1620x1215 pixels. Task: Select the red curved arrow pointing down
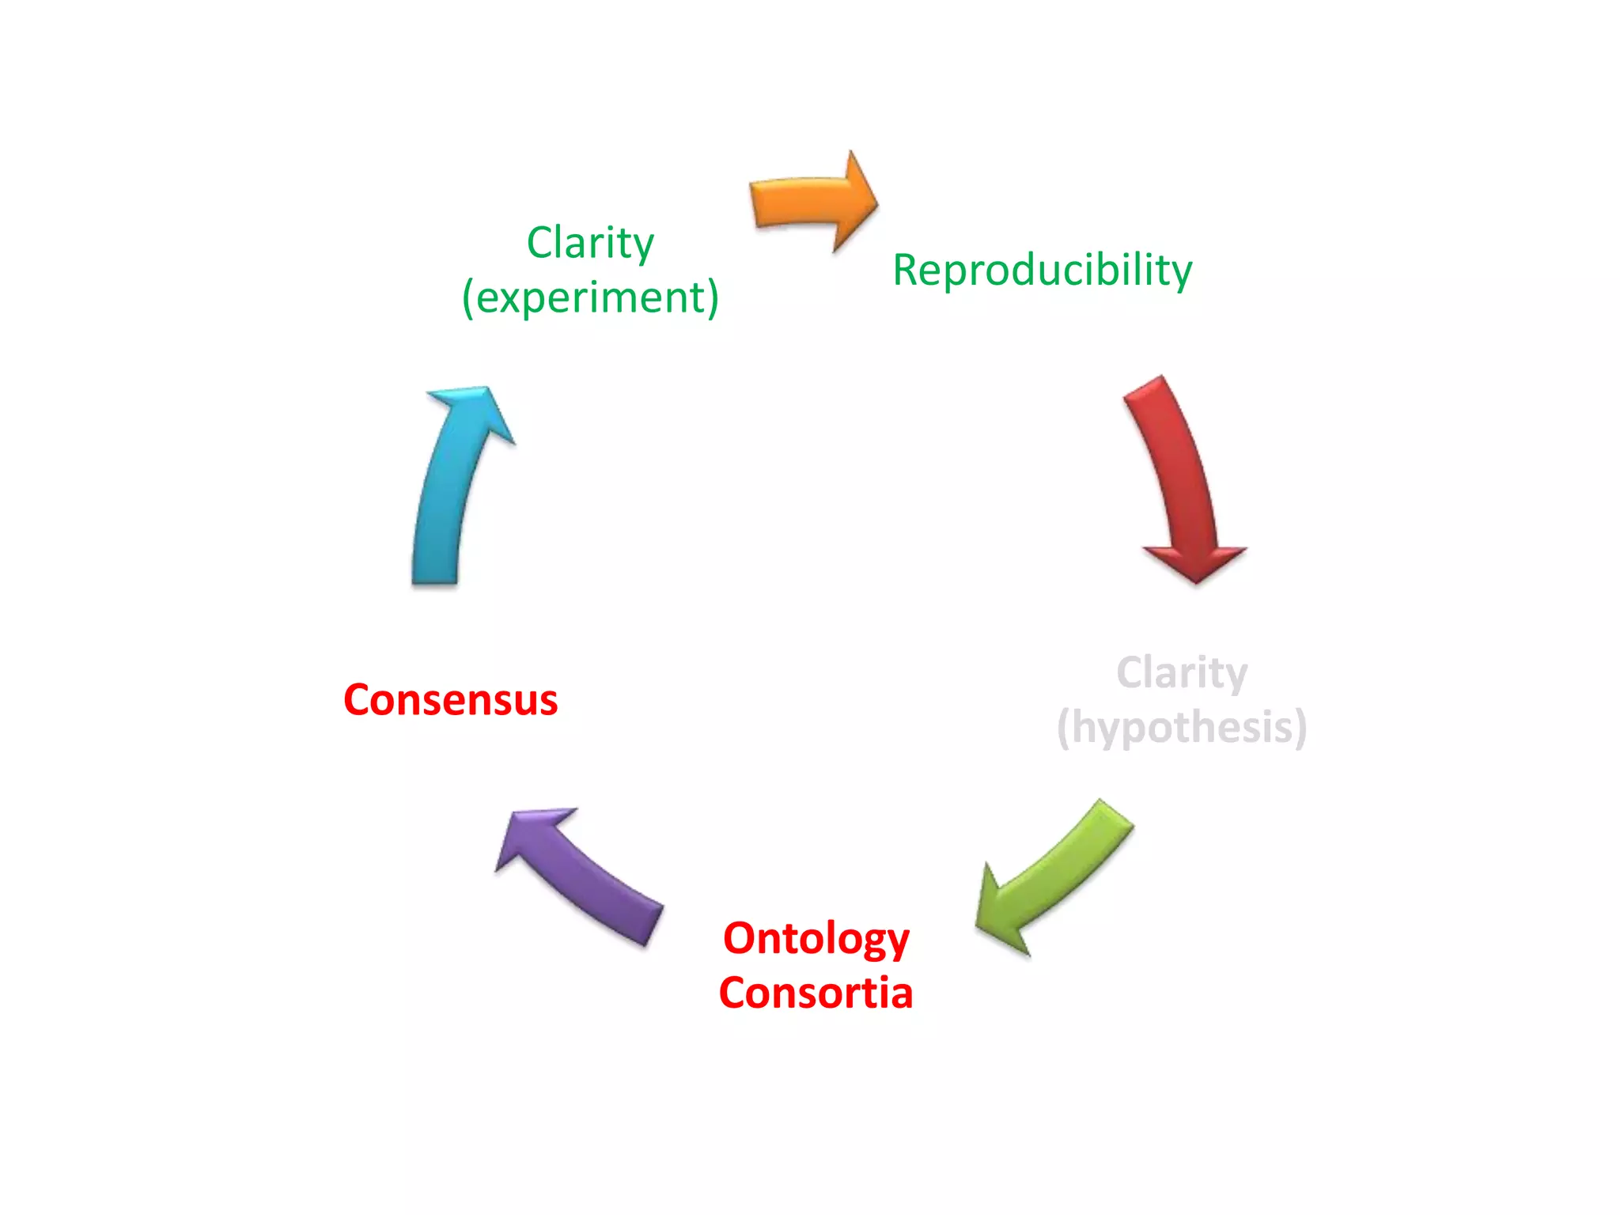pos(1179,475)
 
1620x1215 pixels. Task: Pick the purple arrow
pos(581,874)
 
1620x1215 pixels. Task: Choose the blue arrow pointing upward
pos(451,490)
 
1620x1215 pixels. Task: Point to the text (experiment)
pos(590,297)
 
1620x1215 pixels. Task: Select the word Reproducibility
pos(1042,270)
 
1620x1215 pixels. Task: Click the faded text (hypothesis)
pos(1182,727)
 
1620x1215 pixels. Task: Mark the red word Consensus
pos(450,700)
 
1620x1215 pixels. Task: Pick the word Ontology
pos(816,939)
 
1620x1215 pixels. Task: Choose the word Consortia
pos(816,993)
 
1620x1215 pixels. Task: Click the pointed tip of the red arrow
pos(1196,581)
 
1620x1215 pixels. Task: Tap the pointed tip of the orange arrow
pos(876,202)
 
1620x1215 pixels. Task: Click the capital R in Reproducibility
pos(906,270)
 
